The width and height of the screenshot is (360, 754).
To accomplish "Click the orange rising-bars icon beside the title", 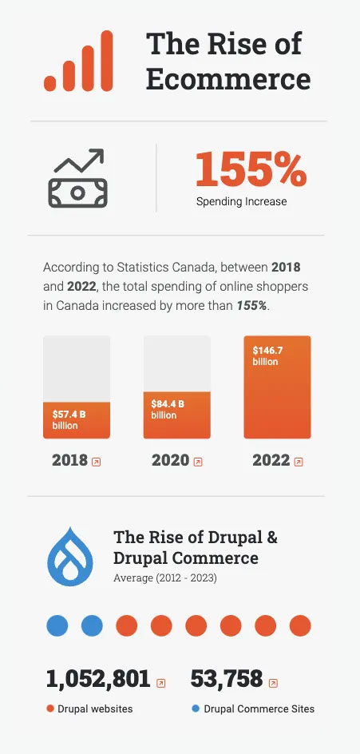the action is coord(78,61).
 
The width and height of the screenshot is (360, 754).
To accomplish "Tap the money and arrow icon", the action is coord(78,178).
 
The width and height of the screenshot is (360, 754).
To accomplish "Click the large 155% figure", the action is coord(251,169).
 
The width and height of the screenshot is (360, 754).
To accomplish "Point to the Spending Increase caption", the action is coord(241,201).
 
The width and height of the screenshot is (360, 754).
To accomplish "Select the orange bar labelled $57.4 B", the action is coord(77,420).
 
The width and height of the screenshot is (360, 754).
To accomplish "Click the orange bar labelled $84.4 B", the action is coord(177,415).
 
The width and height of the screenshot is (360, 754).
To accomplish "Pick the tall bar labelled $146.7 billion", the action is coord(277,387).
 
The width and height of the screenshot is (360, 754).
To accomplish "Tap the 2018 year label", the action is coord(69,460).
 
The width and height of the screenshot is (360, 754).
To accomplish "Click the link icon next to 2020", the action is coord(197,462).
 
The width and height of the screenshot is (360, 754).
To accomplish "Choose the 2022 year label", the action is coord(271,460).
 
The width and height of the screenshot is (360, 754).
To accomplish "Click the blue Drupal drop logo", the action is coord(70,557).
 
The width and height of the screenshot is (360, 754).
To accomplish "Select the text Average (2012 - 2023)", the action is coord(165,577).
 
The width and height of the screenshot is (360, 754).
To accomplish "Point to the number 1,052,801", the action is coord(98,679).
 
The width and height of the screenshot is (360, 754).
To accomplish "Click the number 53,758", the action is coord(227,679).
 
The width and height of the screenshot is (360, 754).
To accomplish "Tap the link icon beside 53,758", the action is coord(273,683).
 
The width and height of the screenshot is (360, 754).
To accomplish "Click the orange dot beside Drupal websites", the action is coord(50,708).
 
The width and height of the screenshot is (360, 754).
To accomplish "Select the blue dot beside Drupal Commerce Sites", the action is coord(195,708).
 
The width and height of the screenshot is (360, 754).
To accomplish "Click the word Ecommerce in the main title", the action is coord(228,79).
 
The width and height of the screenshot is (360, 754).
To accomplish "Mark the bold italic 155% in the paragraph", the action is coord(251,306).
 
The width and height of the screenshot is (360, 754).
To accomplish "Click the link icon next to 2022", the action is coord(299,462).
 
